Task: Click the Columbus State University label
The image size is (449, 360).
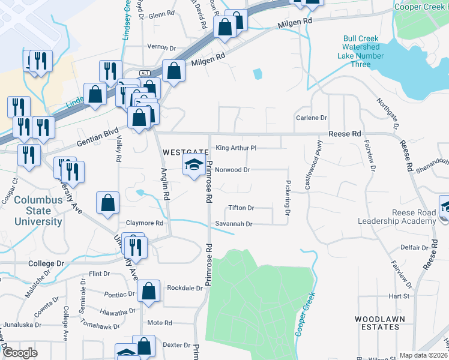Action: (x=38, y=211)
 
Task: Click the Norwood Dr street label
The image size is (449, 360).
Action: (x=232, y=170)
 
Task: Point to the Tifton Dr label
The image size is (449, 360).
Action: (x=241, y=208)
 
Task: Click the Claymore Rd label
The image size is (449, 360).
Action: (x=143, y=223)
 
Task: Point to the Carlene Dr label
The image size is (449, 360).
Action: (x=312, y=118)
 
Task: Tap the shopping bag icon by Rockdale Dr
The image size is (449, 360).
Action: (x=148, y=292)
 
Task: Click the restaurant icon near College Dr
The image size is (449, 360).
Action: (x=134, y=247)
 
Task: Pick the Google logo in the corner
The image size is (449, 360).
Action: (x=20, y=353)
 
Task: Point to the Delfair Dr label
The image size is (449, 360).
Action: (x=414, y=247)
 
